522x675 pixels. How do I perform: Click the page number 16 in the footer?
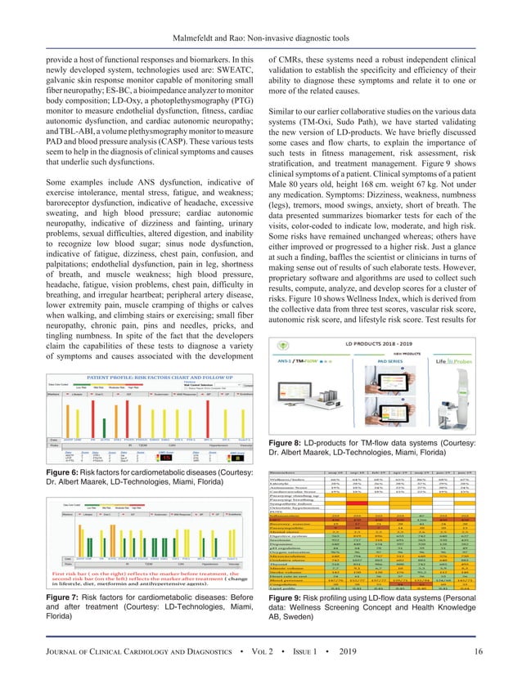pos(497,650)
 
